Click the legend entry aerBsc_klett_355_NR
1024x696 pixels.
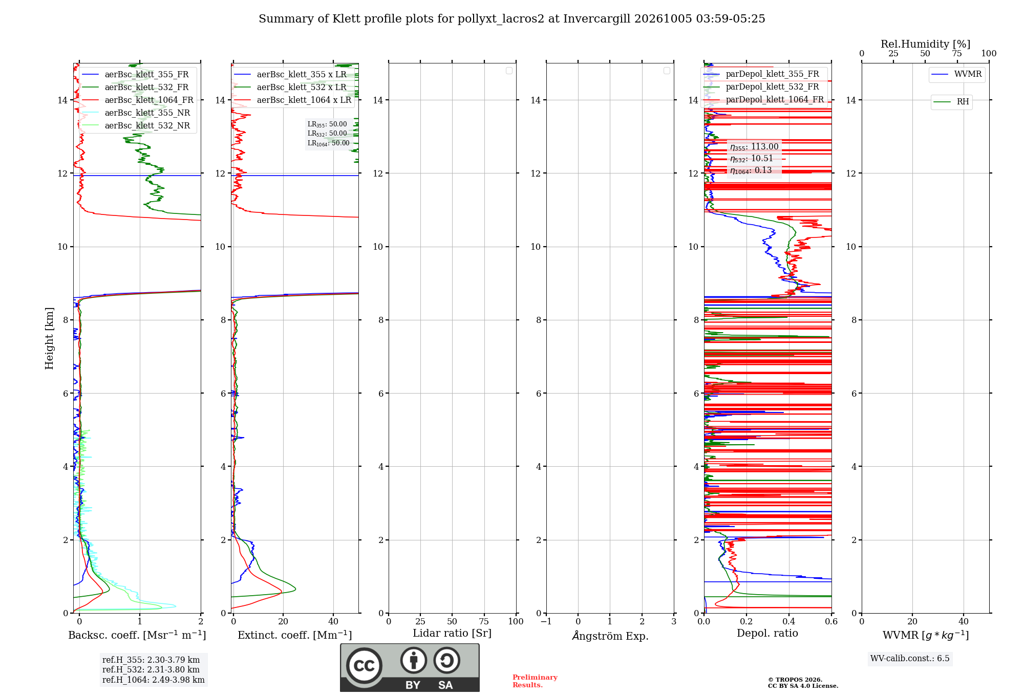(136, 113)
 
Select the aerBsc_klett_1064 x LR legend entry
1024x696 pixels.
(292, 100)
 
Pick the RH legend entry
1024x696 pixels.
(951, 102)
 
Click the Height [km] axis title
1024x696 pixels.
(49, 338)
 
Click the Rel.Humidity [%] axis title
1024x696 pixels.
(925, 44)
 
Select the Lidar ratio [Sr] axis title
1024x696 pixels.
(452, 634)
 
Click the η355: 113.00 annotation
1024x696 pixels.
(754, 147)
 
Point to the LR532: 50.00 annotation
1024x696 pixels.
(327, 134)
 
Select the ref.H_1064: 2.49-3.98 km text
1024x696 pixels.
(154, 680)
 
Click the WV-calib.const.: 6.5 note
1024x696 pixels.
(910, 658)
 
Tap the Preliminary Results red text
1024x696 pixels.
(535, 681)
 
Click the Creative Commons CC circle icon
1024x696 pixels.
(364, 666)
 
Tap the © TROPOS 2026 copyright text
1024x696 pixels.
(795, 680)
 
